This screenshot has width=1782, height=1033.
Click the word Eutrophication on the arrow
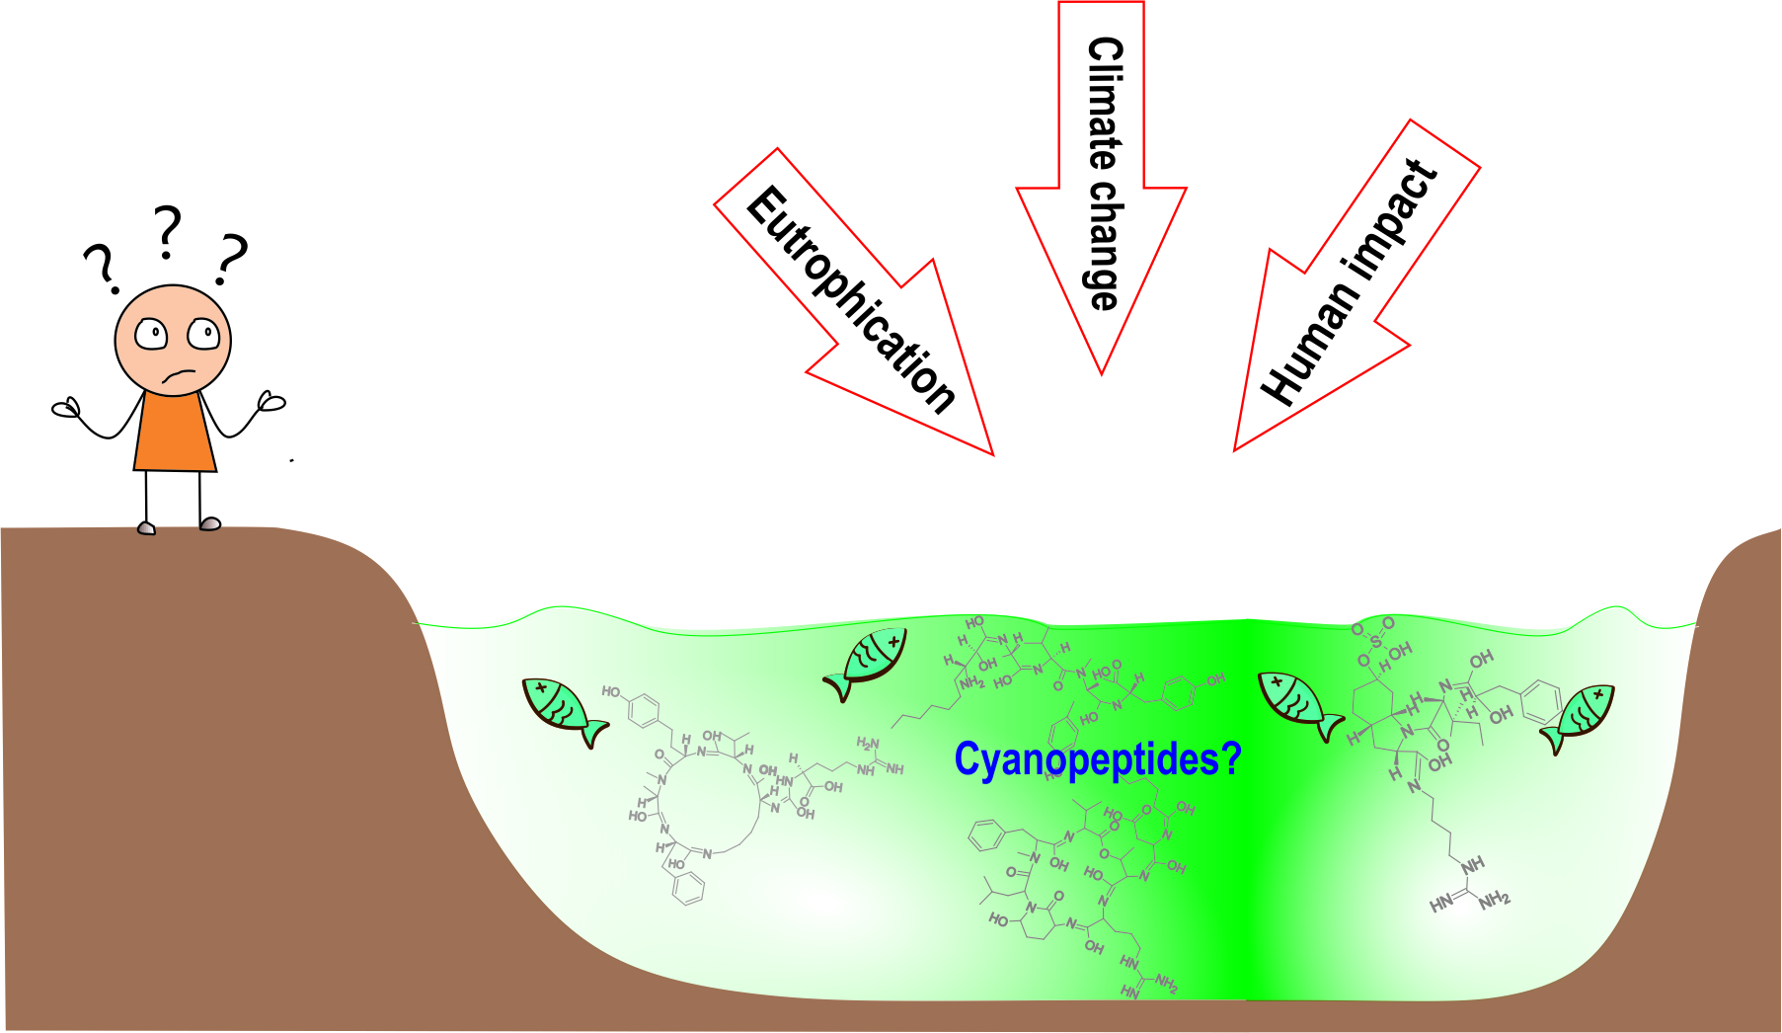click(x=851, y=299)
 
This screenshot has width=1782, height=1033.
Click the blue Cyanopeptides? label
click(x=1097, y=759)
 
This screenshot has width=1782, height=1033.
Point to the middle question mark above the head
click(x=168, y=232)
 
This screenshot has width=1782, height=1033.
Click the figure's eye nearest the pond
click(x=204, y=334)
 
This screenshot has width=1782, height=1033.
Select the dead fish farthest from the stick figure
click(x=1579, y=716)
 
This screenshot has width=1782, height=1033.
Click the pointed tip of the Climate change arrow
click(x=1102, y=371)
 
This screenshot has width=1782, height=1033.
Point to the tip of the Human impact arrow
click(x=1236, y=448)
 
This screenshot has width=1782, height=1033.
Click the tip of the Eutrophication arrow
click(x=990, y=453)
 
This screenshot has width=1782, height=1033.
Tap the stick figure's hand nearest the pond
click(x=271, y=401)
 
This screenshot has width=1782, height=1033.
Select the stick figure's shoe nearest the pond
click(x=210, y=523)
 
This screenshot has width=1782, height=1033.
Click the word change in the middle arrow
click(x=1104, y=244)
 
